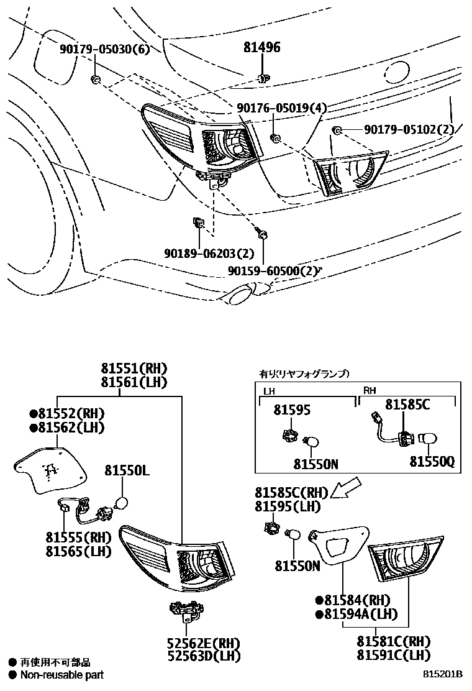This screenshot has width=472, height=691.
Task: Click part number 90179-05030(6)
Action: (x=105, y=50)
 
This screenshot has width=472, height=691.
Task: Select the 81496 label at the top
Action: (x=261, y=47)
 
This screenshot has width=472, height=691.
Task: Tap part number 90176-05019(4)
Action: (x=281, y=108)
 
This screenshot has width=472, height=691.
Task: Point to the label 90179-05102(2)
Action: (x=409, y=129)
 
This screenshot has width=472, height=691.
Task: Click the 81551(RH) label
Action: (x=135, y=368)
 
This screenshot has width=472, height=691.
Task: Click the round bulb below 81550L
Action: (x=122, y=503)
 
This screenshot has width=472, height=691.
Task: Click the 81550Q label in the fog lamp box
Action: (x=431, y=463)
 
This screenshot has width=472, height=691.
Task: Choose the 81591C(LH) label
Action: (x=393, y=654)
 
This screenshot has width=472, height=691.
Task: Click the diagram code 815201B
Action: (x=443, y=675)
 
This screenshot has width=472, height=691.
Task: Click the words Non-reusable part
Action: (x=61, y=675)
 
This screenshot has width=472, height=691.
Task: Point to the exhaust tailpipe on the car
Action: (x=240, y=295)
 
